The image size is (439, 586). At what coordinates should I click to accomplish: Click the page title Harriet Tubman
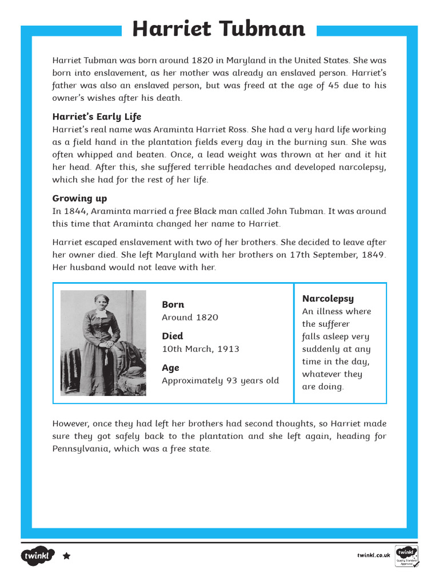219,29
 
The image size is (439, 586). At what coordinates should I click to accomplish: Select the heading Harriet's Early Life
97,117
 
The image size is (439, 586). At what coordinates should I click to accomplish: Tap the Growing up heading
79,199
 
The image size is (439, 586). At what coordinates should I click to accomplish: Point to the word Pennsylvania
81,449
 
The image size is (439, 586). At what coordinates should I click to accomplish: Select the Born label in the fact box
173,304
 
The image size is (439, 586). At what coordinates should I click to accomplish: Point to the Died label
172,336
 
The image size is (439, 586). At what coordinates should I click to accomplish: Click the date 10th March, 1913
200,349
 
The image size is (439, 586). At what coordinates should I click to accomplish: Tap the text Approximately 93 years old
220,381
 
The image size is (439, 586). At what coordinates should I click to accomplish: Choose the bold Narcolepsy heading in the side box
328,298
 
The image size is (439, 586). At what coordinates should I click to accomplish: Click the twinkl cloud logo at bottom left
38,556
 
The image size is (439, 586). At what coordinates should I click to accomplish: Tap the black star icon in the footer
66,556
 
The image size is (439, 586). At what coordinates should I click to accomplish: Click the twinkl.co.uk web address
373,556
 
